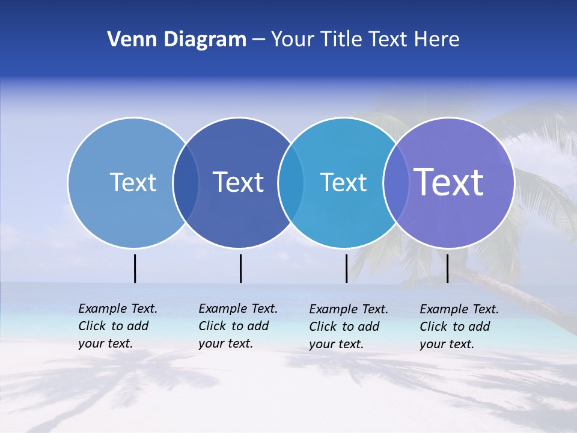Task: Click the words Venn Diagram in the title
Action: (177, 40)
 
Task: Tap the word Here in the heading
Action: (437, 40)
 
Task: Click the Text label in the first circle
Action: (133, 182)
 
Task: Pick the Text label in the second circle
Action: (239, 182)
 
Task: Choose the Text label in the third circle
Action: (343, 182)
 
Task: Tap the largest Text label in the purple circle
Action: (449, 182)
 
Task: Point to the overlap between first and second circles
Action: (186, 182)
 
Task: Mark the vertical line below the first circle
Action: (135, 268)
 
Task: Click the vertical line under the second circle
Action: (240, 268)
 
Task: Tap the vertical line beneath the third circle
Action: (346, 268)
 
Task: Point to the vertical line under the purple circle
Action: (447, 268)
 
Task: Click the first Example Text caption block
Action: (117, 326)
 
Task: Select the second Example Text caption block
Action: (237, 326)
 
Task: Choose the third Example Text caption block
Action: (348, 327)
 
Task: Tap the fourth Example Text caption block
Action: (459, 327)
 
